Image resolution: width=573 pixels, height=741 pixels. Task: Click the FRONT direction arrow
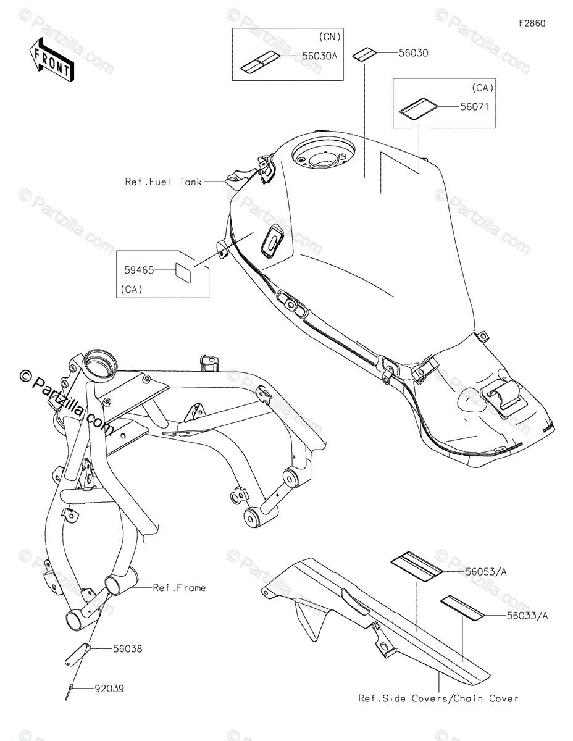point(51,59)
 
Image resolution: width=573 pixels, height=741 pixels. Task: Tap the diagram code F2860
point(532,23)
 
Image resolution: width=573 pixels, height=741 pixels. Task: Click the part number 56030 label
point(414,53)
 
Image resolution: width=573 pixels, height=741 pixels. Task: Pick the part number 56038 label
point(127,649)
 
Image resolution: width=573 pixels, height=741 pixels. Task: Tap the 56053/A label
point(485,572)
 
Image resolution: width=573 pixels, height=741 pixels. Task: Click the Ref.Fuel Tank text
point(163,182)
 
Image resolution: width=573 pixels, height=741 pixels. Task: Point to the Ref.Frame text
point(179,587)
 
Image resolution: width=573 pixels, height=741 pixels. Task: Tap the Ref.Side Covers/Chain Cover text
point(438,698)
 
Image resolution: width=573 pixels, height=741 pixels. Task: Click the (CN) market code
point(330,35)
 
